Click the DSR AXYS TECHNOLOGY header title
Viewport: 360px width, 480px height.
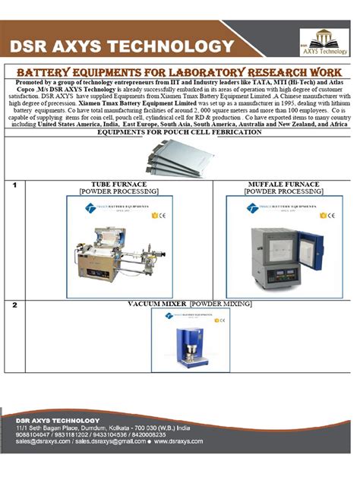(122, 46)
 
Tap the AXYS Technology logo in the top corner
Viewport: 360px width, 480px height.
(326, 43)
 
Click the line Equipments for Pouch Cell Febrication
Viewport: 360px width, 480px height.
(179, 131)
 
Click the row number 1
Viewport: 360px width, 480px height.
(14, 185)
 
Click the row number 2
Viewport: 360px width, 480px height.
(14, 305)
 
